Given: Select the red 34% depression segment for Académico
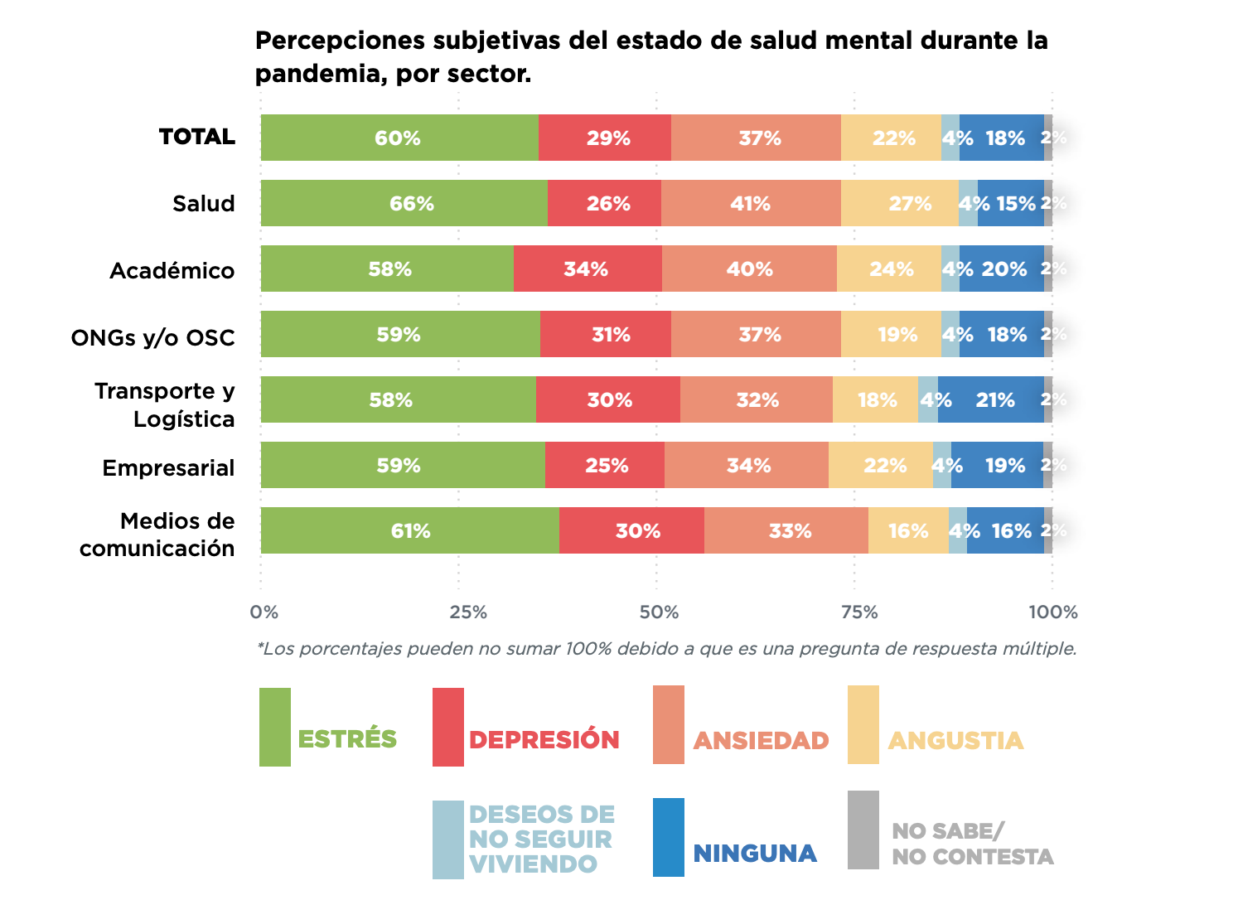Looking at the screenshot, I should [x=588, y=269].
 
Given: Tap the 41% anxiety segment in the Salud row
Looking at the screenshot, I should [x=751, y=203].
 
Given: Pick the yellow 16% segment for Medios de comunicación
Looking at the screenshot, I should [x=908, y=530].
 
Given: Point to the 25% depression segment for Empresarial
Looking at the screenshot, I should [x=605, y=465].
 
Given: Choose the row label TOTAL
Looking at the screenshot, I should [x=197, y=137].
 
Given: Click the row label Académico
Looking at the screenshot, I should [x=172, y=271].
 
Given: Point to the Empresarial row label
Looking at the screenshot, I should [x=169, y=468].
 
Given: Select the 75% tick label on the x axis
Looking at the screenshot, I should [x=859, y=612].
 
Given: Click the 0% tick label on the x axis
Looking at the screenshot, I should [x=264, y=612].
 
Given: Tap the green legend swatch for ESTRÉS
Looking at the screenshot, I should [x=275, y=727].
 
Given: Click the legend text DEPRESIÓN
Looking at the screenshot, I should [x=544, y=740].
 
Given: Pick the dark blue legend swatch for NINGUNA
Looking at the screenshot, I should [x=669, y=837].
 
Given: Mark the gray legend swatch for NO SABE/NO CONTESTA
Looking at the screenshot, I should [x=863, y=830].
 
